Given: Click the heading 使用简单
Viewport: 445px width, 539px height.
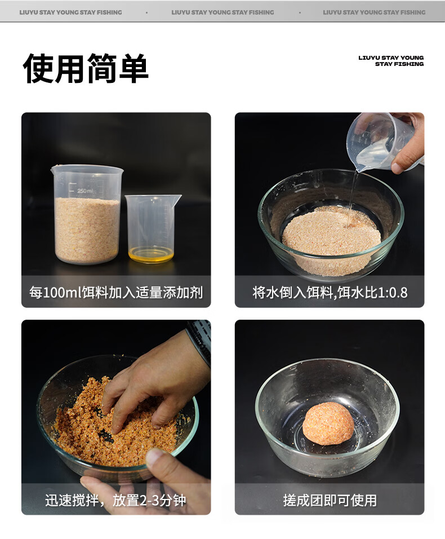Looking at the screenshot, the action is pos(86,68).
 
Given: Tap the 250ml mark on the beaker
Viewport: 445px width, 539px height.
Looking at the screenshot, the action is pos(84,191).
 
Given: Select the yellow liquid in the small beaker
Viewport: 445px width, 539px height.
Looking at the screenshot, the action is pos(151,254).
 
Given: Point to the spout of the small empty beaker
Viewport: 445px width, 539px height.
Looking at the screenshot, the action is pos(177,198).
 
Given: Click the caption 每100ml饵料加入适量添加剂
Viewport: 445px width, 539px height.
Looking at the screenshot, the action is pos(116,293).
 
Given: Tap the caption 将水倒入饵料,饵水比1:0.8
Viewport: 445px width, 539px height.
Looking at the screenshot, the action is pos(330,293).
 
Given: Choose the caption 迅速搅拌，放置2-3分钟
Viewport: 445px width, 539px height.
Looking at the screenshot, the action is pos(115,500).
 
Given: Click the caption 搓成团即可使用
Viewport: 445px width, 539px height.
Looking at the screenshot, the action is pos(330,500).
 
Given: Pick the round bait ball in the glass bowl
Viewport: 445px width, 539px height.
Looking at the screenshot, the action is pos(328,424).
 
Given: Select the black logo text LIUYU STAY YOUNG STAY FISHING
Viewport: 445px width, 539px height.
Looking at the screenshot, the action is pos(391,61).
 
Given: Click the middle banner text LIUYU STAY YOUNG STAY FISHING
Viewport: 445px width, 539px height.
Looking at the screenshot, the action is pos(222,12).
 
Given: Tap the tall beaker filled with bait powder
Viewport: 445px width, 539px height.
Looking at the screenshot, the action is pos(87,214).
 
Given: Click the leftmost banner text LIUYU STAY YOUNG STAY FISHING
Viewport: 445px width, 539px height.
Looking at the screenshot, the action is pos(71,12).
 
